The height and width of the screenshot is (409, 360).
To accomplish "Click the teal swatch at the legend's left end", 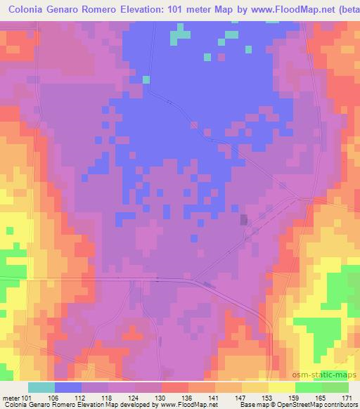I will pos(41,387).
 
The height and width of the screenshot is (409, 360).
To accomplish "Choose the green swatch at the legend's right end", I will pos(335,387).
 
